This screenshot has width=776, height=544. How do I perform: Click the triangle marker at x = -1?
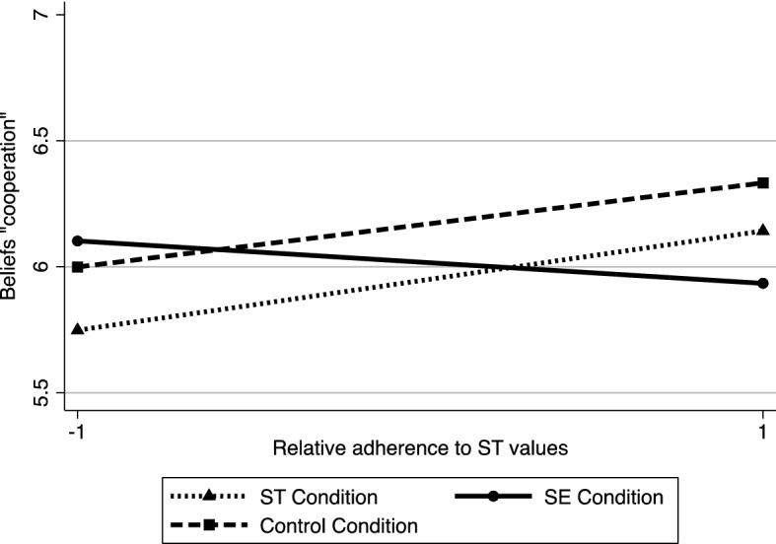pyautogui.click(x=77, y=329)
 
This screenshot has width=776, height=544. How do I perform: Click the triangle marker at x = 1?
pyautogui.click(x=762, y=230)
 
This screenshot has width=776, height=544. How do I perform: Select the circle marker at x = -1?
pyautogui.click(x=77, y=240)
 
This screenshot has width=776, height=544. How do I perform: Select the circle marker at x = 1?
pyautogui.click(x=762, y=283)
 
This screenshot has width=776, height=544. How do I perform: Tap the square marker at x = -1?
pyautogui.click(x=77, y=267)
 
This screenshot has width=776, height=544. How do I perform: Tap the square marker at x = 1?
pyautogui.click(x=762, y=182)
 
